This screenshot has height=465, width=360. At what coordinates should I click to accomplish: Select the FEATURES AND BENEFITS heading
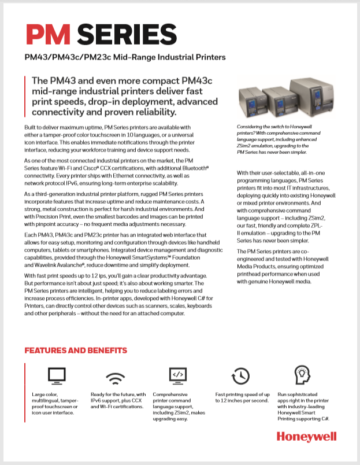(76, 350)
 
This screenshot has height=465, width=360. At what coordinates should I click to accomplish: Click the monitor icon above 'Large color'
(56, 377)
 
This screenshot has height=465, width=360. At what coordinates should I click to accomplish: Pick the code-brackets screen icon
(177, 376)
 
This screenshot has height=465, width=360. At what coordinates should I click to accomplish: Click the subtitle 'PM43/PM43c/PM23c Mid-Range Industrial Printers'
(124, 58)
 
